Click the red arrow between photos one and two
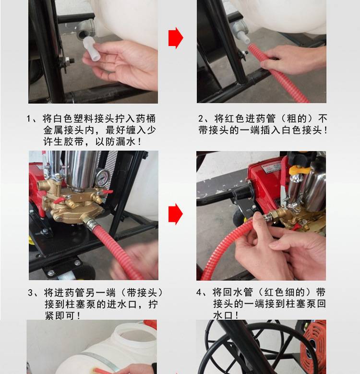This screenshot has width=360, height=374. click(176, 38)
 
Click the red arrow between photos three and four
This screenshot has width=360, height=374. click(176, 214)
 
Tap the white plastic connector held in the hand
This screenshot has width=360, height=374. click(91, 49)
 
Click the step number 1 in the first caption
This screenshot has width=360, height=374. click(29, 119)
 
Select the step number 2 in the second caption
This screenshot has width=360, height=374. click(201, 119)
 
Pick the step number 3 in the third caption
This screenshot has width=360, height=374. click(31, 293)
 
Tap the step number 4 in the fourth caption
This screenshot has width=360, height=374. click(199, 292)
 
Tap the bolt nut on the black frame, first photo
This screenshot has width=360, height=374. click(69, 61)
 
